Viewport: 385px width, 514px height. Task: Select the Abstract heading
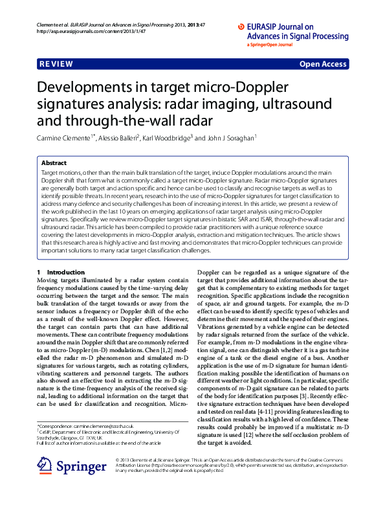54,164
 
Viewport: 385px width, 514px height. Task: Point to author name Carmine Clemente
67,138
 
